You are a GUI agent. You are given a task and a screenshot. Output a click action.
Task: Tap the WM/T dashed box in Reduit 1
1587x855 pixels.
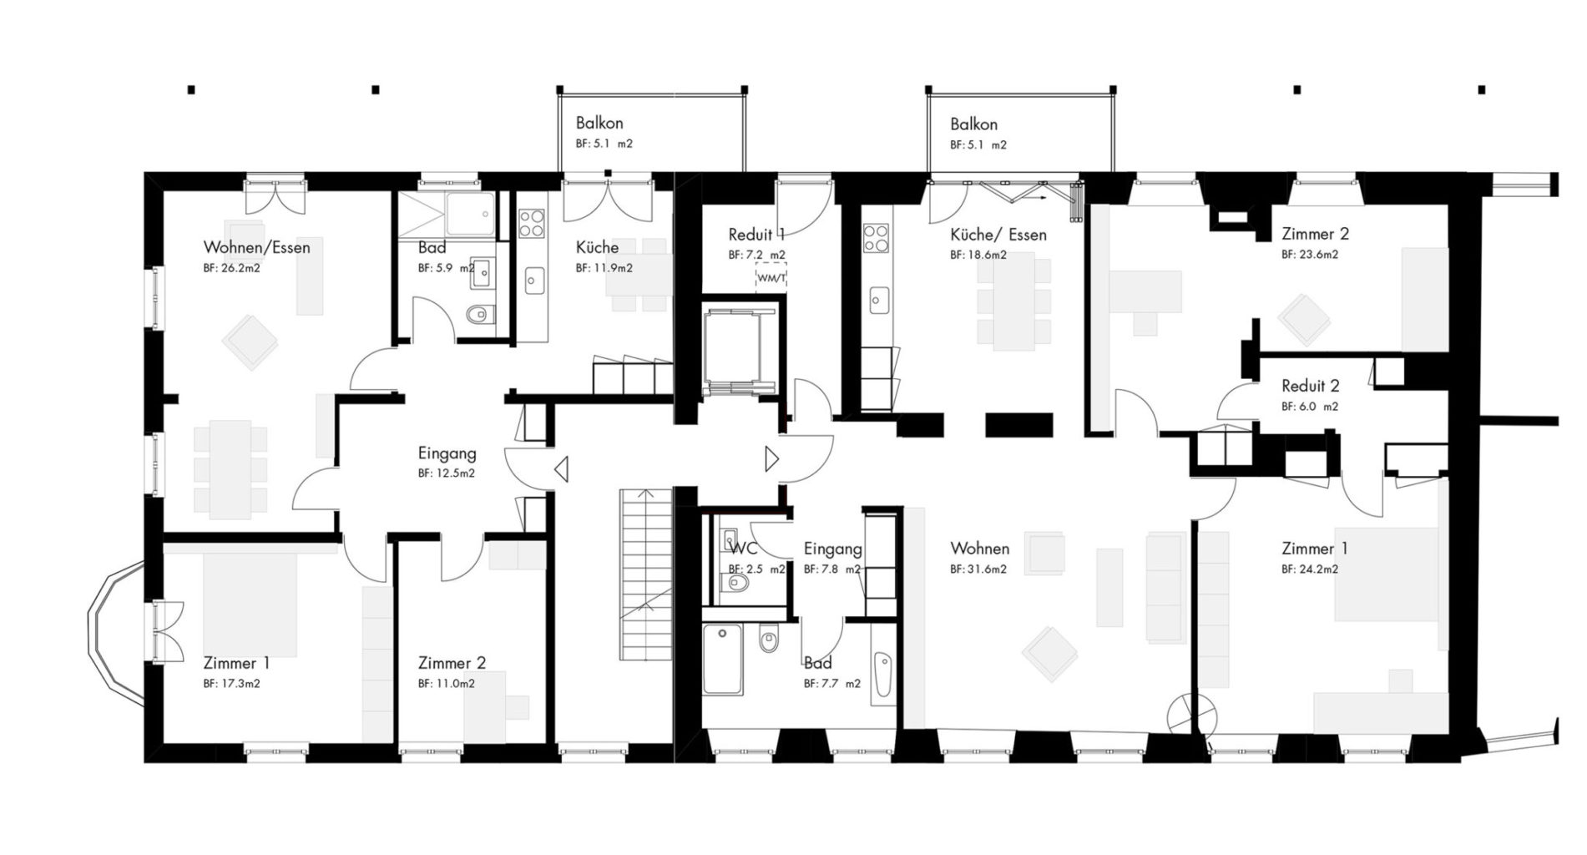pos(771,278)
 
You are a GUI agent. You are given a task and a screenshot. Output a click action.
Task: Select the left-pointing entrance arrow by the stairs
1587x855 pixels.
pos(561,469)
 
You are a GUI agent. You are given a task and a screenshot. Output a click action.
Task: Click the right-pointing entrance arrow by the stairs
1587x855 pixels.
pos(771,458)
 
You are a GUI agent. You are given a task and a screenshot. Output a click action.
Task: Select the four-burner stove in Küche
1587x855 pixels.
pos(531,223)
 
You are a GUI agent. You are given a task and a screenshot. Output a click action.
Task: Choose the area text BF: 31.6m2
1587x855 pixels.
pos(978,569)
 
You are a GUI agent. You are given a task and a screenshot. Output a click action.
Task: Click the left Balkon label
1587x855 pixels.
pos(599,124)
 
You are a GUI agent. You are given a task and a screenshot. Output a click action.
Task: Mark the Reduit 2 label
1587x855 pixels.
pos(1310,386)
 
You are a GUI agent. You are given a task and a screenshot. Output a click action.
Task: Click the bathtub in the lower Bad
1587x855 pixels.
pos(723,660)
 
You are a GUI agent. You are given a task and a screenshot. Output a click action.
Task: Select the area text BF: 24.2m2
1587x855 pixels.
pos(1309,569)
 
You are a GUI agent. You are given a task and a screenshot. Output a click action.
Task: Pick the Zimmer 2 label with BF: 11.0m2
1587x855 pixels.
pos(452,663)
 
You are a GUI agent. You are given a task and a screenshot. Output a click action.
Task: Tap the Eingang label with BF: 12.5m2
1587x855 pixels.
pos(447,453)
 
